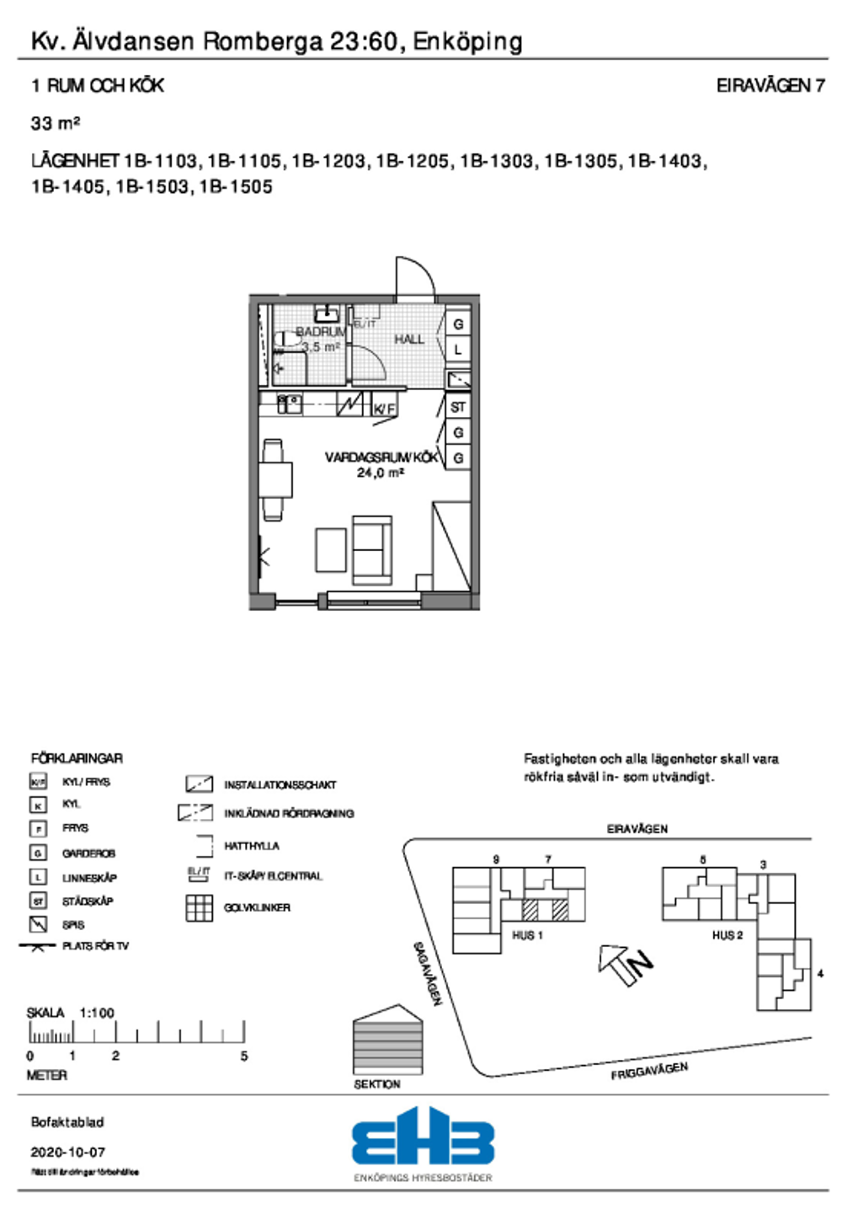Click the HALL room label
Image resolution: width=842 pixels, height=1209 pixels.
click(x=409, y=340)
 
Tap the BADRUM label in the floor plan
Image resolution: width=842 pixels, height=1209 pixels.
click(x=320, y=332)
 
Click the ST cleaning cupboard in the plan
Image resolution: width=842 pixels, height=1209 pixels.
click(x=458, y=407)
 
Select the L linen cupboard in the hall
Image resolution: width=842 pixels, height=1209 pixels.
click(x=458, y=349)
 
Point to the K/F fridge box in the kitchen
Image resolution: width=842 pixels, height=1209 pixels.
click(x=384, y=409)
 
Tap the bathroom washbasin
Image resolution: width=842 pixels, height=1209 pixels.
click(x=327, y=314)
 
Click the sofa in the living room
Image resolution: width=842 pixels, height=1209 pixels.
click(x=371, y=550)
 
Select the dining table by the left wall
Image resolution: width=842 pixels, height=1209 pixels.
click(x=275, y=479)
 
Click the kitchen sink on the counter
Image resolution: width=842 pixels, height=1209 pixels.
click(x=290, y=404)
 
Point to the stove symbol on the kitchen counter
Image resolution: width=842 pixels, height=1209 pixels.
click(x=350, y=404)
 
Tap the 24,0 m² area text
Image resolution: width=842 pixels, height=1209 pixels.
click(x=380, y=473)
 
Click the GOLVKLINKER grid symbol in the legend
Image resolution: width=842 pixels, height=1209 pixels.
click(x=199, y=907)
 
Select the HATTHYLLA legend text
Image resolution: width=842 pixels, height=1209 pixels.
click(x=252, y=846)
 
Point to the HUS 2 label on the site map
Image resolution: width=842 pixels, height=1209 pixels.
click(x=727, y=935)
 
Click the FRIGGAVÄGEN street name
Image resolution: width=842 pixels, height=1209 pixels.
click(x=649, y=1071)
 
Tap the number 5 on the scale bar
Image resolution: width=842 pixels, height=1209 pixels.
click(x=244, y=1056)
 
